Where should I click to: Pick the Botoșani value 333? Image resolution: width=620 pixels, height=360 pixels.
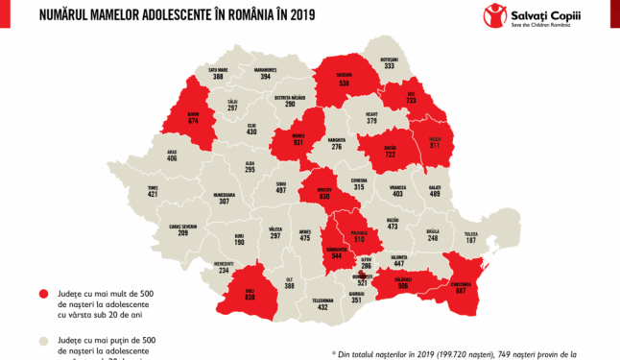click(x=389, y=66)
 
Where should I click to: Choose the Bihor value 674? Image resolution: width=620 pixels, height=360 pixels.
click(x=192, y=121)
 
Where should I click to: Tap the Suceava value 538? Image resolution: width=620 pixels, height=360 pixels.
click(x=344, y=83)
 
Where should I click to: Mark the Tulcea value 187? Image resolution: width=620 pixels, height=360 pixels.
click(x=471, y=240)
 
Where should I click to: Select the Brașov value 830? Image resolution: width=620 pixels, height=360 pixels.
click(x=324, y=197)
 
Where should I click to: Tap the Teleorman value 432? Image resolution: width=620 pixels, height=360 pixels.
click(x=323, y=306)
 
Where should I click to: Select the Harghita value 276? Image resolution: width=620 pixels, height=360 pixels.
click(x=337, y=147)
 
